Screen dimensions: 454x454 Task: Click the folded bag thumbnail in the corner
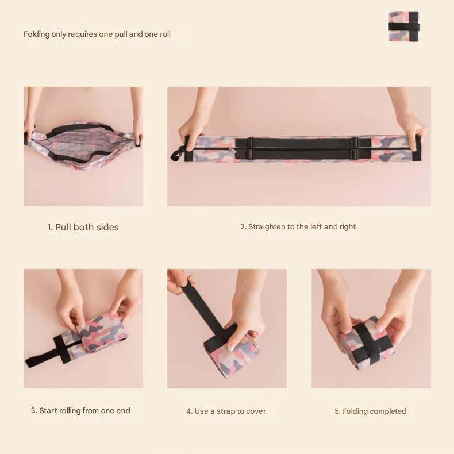point(404,26)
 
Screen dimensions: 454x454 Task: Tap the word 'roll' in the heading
point(165,34)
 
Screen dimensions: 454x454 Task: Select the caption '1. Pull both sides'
point(83,227)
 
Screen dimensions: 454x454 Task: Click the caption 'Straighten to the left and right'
point(302,226)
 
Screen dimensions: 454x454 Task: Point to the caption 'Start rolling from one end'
point(84,410)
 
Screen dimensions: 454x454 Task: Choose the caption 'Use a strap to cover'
point(230,411)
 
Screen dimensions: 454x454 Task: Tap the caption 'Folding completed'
point(374,411)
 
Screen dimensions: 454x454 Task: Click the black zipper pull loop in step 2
point(177,154)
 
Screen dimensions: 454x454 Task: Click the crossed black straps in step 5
point(368,345)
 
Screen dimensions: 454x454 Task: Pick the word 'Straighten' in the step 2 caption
point(267,226)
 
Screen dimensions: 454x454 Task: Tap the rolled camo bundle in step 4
point(232,354)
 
